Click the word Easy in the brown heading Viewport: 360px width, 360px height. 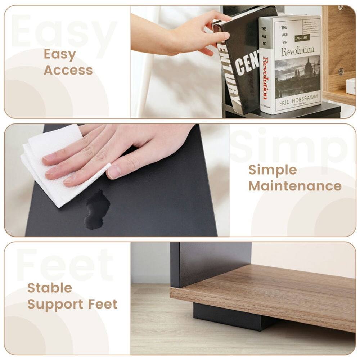click(x=60, y=55)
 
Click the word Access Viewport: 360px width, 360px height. click(x=68, y=70)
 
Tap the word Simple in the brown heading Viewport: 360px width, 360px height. click(x=273, y=170)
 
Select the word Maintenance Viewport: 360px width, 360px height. click(x=295, y=186)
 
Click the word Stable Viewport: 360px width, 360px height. click(x=50, y=288)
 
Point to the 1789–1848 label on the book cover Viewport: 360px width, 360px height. click(x=302, y=37)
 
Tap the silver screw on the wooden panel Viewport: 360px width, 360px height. click(x=341, y=71)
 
